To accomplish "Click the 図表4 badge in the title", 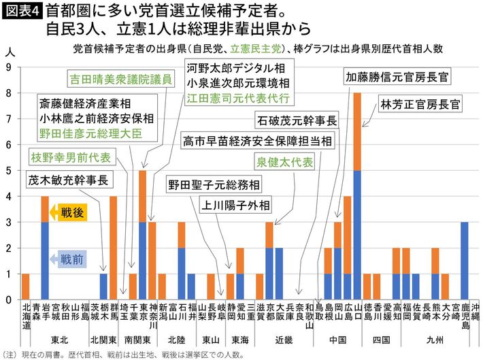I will [x=22, y=12].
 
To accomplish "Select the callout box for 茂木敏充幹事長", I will [x=68, y=181].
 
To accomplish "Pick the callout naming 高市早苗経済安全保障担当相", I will [x=257, y=141].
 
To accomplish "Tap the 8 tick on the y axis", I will [x=9, y=93].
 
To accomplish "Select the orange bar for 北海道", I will [x=26, y=287].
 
